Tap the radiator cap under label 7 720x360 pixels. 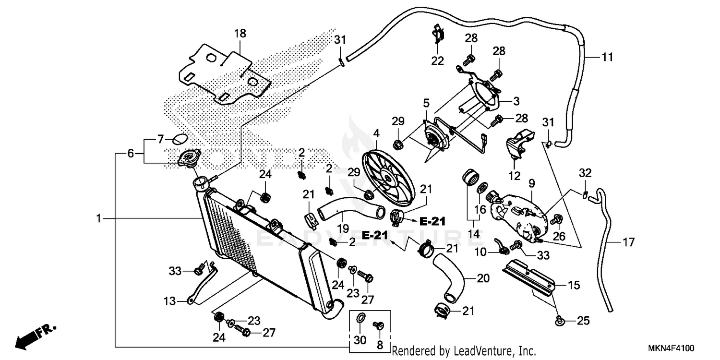point(189,158)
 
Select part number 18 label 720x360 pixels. point(240,33)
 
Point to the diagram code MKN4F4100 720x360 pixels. point(671,348)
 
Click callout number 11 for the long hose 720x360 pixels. point(607,57)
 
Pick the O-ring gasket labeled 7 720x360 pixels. point(180,140)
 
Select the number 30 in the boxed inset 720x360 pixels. point(360,340)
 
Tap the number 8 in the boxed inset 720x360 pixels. point(380,345)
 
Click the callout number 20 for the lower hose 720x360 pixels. point(483,278)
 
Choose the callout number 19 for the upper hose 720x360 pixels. point(343,228)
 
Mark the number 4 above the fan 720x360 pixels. point(376,133)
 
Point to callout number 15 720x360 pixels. point(574,285)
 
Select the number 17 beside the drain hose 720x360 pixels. point(628,242)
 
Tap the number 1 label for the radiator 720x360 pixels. point(99,218)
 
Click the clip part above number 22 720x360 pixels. point(438,34)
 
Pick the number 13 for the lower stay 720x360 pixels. point(169,301)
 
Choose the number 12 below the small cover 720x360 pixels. point(514,176)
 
